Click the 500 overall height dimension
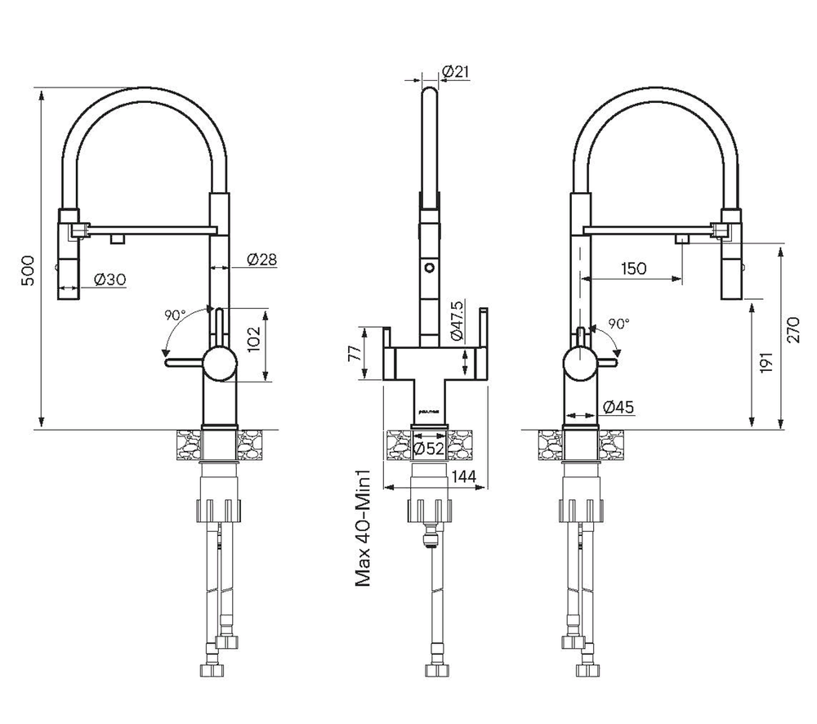(28, 270)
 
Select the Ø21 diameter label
(455, 73)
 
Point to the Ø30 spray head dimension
(109, 279)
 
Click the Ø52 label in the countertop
(429, 448)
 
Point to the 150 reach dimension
(633, 268)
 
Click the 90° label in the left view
(175, 314)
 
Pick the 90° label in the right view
(618, 324)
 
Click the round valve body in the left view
(218, 362)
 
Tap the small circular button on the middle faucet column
(427, 266)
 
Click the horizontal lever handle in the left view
(184, 360)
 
